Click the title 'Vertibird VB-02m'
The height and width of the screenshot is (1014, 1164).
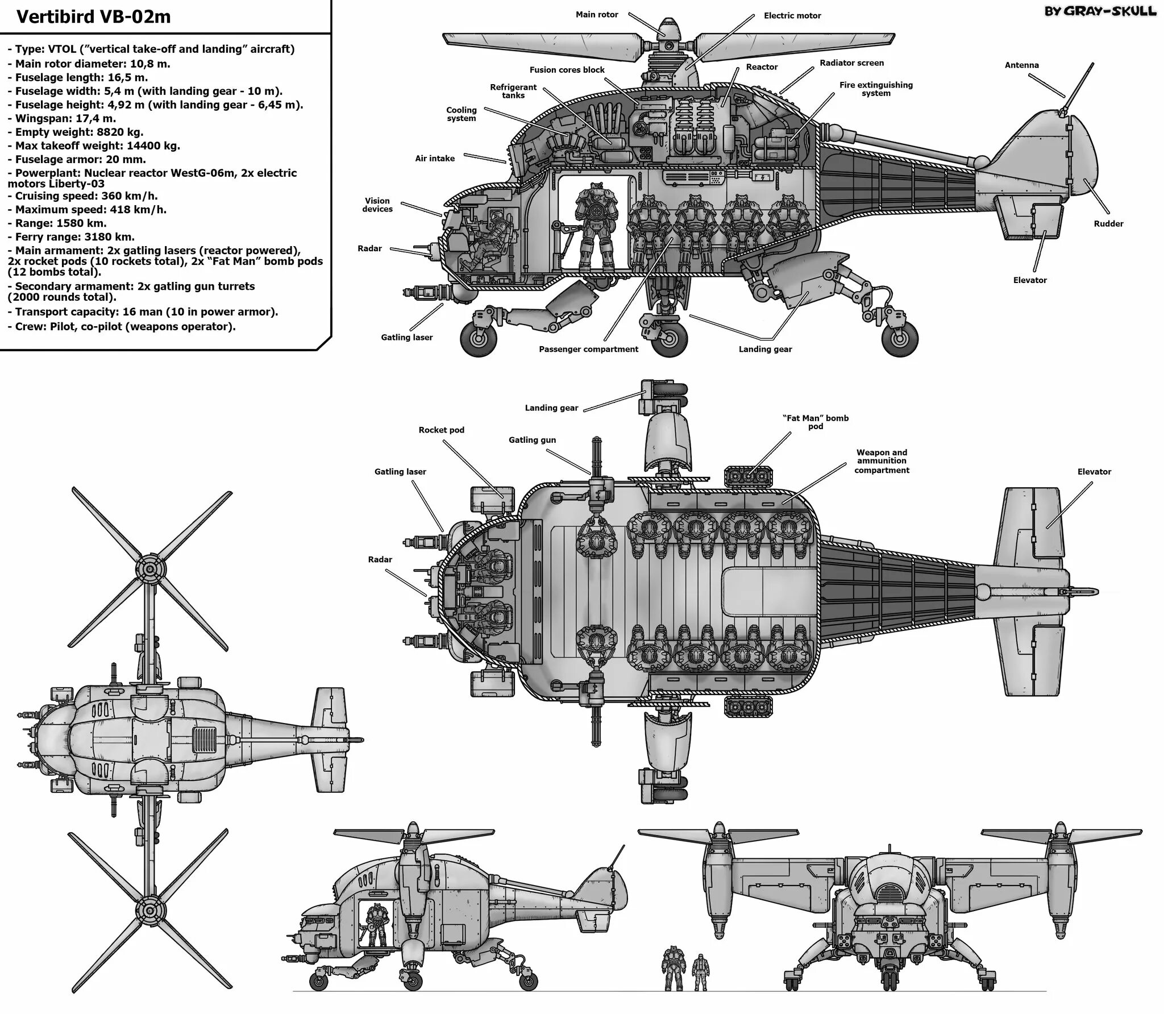coord(93,17)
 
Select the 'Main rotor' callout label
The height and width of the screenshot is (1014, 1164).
coord(596,15)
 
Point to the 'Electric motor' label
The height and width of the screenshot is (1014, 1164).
coord(792,16)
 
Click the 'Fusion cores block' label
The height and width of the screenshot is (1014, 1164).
coord(567,70)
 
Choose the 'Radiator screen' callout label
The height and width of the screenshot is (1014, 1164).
coord(851,63)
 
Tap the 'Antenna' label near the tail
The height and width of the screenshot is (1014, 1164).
coord(1021,65)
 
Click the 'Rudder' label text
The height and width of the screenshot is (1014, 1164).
coord(1108,224)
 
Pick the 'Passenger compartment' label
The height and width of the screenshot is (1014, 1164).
coord(588,350)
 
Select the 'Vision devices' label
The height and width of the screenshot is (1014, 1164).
coord(377,205)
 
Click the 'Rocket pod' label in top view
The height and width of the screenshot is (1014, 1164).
coord(441,430)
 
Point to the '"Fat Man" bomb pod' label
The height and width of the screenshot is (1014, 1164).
coord(815,422)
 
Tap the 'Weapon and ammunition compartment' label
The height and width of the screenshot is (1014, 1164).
coord(882,462)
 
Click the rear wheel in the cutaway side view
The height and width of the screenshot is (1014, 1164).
coord(900,337)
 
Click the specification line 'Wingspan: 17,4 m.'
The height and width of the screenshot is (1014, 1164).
coord(65,119)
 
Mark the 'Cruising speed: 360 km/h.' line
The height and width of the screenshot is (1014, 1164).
coord(86,196)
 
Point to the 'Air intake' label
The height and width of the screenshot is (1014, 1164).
coord(435,159)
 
